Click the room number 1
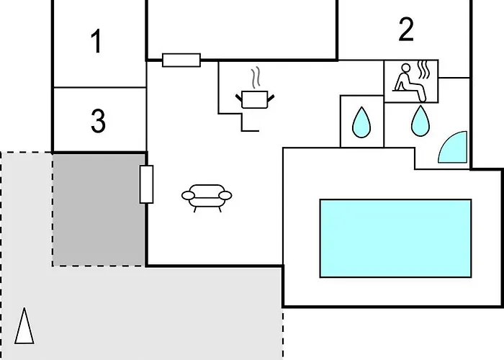point(96,41)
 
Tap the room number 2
point(406,30)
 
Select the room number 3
point(98,121)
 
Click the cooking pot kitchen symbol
point(255,99)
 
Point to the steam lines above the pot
point(256,78)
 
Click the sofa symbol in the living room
point(207,198)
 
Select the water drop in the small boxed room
point(361,122)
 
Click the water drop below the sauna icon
point(420,121)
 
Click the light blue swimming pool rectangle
point(396,238)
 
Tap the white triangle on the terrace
point(24,326)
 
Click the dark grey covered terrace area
point(99,210)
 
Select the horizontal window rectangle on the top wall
point(181,60)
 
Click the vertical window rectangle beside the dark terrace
point(147,184)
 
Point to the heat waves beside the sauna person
point(424,69)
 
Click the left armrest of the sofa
point(188,195)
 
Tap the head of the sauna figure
point(406,68)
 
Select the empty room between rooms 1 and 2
point(242,30)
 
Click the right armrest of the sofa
point(225,195)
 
